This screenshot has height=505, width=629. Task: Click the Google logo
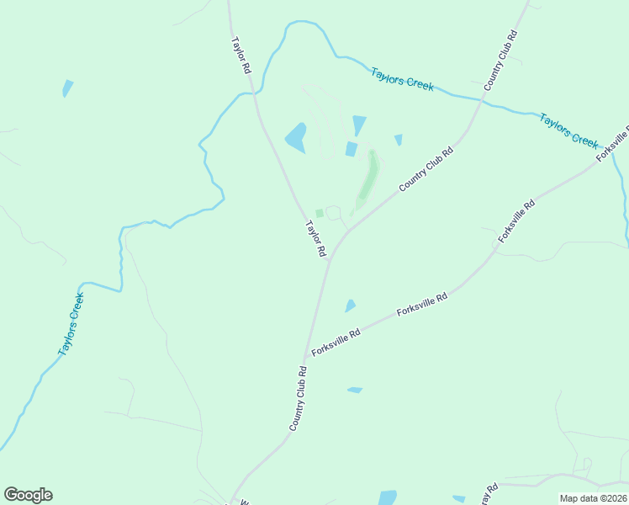coord(29,495)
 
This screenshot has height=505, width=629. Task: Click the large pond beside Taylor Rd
coord(296,137)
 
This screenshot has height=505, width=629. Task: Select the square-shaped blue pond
coord(351,149)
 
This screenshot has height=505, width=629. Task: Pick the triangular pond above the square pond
coord(360,125)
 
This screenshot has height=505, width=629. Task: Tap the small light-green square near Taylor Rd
coord(319,213)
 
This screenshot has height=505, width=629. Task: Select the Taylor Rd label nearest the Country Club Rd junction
coord(315,239)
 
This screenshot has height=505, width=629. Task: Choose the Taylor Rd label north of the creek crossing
coord(241,56)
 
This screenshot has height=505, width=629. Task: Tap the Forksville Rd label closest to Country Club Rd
coord(336,343)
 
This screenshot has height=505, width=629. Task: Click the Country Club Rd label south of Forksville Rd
coord(297,398)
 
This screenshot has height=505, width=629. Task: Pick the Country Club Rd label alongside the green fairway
coord(426,168)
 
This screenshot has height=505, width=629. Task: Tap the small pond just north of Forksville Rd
coord(350,306)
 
